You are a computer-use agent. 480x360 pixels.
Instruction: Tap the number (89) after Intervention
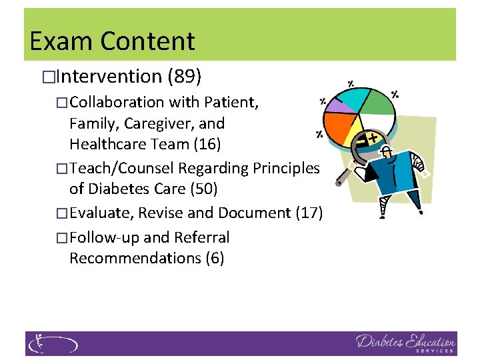click(185, 77)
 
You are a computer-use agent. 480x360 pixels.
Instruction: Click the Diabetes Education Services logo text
click(405, 343)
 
